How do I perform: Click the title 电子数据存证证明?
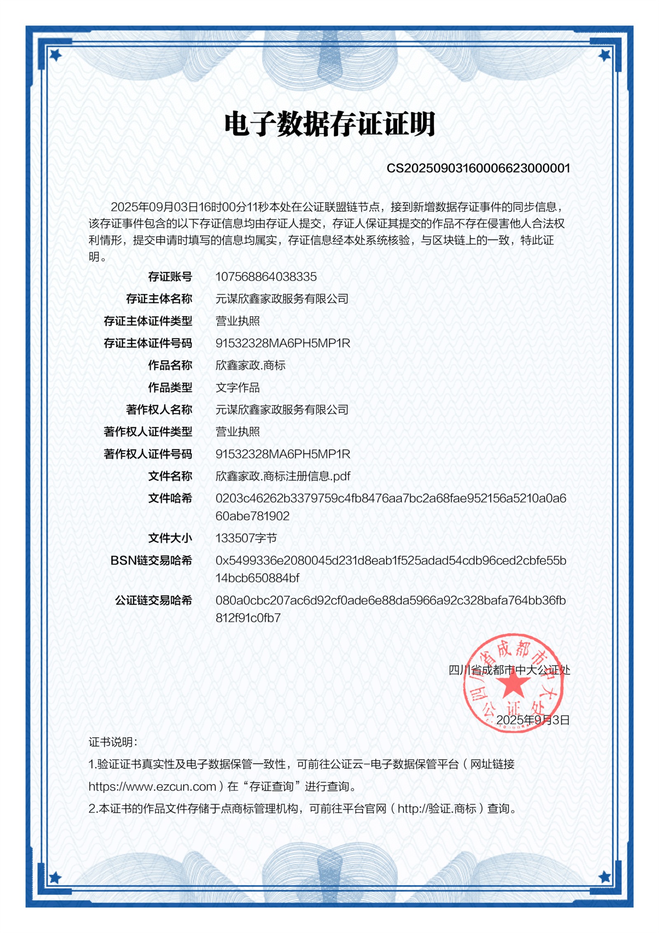tap(329, 124)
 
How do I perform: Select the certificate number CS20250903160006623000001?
tap(478, 168)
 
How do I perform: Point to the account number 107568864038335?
tap(266, 277)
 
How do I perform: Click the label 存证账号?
tap(170, 277)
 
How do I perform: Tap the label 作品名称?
tap(170, 365)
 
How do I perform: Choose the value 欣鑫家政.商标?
tap(250, 365)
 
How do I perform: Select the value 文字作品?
tap(238, 387)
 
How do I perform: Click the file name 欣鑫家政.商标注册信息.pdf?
tap(283, 476)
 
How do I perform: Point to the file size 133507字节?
tap(246, 538)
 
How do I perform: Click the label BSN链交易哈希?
tap(151, 560)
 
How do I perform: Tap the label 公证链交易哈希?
tap(154, 600)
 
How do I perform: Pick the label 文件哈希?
tap(170, 498)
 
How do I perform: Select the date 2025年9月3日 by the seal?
tap(533, 720)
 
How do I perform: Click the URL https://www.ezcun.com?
tap(152, 786)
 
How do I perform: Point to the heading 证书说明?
tap(112, 742)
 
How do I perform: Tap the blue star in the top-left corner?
tap(55, 54)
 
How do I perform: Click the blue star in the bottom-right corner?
tap(604, 878)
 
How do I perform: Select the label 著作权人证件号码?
tap(148, 454)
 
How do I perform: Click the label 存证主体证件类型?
tap(148, 321)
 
